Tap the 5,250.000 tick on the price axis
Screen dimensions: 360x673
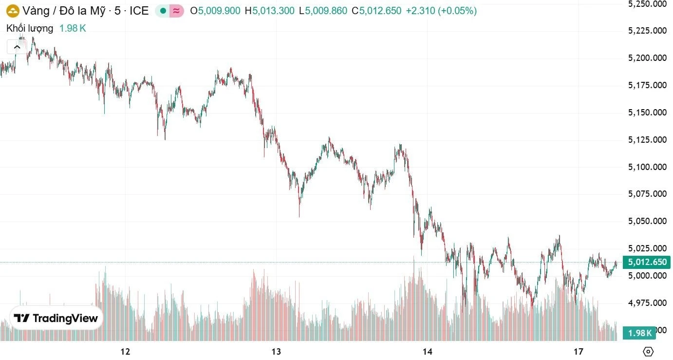tap(647, 4)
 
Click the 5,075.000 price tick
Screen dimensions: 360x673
tap(647, 194)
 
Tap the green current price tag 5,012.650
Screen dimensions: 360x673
tap(647, 263)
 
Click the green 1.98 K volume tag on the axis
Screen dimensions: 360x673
tap(639, 333)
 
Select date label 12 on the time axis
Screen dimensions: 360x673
tap(126, 352)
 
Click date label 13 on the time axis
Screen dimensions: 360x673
tap(277, 352)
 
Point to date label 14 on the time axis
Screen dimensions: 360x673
tap(428, 352)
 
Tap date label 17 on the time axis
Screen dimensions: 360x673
tap(578, 352)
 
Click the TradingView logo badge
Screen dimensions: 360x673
tap(56, 319)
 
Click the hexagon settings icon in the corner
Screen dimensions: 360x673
tap(648, 352)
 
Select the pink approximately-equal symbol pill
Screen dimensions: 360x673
tap(177, 11)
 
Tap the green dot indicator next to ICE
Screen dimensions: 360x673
tap(163, 11)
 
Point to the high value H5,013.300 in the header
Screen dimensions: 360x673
tap(269, 11)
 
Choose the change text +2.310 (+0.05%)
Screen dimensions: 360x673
tap(441, 11)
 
